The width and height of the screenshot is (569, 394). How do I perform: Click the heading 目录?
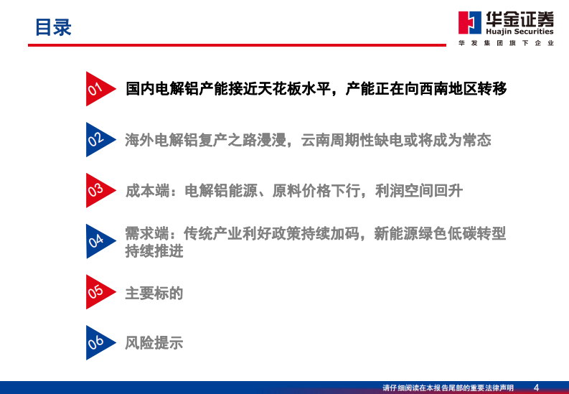click(x=54, y=28)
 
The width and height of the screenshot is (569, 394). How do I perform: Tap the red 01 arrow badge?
click(x=97, y=89)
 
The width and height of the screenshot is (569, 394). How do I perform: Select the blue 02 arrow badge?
click(x=97, y=140)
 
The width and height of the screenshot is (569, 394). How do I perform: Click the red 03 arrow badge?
click(x=97, y=191)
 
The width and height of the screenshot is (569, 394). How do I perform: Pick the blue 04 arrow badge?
click(x=97, y=242)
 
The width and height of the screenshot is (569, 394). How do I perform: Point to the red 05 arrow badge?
click(x=97, y=292)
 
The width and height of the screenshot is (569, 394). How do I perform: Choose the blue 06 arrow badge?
click(x=97, y=343)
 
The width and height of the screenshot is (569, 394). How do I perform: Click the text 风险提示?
click(x=154, y=343)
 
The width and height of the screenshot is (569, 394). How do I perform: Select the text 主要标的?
click(x=154, y=293)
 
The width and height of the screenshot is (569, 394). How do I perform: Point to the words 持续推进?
click(x=154, y=251)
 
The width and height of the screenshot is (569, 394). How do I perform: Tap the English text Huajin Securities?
click(x=520, y=32)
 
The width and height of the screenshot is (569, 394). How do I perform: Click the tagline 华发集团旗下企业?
click(x=506, y=44)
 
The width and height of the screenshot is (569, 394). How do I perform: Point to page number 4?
click(x=536, y=388)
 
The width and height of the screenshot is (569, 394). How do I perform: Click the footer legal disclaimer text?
click(x=448, y=388)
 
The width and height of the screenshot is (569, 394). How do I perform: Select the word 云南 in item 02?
click(x=316, y=140)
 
